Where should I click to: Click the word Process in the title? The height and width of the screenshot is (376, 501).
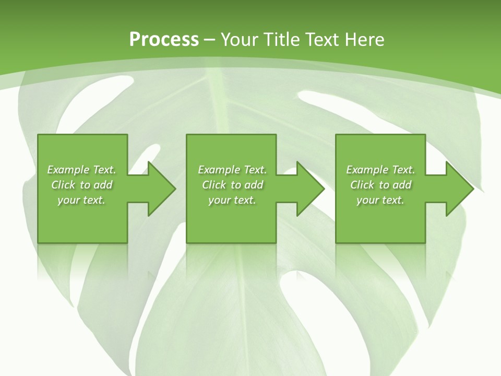pos(164,40)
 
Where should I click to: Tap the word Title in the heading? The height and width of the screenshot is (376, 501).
pos(280,40)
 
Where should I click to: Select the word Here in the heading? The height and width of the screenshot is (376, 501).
pos(364,40)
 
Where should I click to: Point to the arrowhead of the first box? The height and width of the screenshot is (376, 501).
pos(159,189)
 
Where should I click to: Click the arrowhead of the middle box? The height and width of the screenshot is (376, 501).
pos(307,189)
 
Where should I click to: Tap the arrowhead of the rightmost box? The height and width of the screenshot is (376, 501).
pos(457,189)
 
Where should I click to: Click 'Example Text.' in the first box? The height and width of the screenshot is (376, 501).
pos(82,170)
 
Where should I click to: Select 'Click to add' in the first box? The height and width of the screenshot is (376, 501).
pos(82,185)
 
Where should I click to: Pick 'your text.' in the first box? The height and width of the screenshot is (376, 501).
pos(82,200)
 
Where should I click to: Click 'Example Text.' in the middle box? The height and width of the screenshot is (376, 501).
pos(232,170)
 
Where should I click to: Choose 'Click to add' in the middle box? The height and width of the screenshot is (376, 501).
pos(232,185)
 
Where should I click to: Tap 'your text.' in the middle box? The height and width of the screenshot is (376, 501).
pos(232,200)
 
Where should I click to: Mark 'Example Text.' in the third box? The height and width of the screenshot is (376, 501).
pos(380,170)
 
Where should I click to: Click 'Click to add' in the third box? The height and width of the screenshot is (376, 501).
pos(380,185)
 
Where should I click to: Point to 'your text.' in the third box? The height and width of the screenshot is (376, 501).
pos(380,200)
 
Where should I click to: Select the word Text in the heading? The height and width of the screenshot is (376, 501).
pos(322,40)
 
